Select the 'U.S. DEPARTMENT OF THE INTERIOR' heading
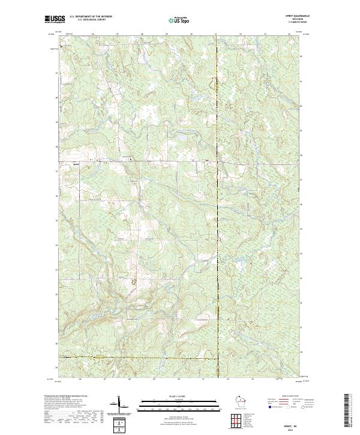click(x=89, y=16)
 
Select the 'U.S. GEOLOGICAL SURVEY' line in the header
click(x=89, y=19)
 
